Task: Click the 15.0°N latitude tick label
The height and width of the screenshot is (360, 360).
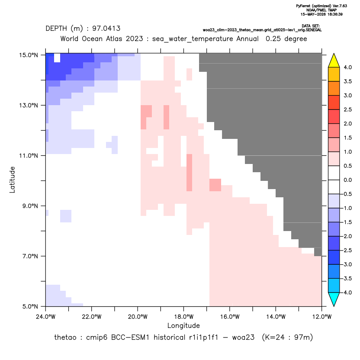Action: pyautogui.click(x=29, y=55)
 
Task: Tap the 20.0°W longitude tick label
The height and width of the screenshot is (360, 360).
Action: pyautogui.click(x=138, y=317)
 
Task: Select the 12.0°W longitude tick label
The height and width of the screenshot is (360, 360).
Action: pyautogui.click(x=321, y=317)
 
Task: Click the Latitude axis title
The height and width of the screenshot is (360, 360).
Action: pyautogui.click(x=12, y=180)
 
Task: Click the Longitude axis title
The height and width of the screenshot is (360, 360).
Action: pyautogui.click(x=183, y=325)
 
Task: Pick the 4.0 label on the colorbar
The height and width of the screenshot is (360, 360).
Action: pyautogui.click(x=347, y=67)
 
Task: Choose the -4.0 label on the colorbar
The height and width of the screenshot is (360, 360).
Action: pyautogui.click(x=346, y=292)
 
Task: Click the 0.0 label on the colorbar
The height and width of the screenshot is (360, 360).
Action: pyautogui.click(x=347, y=180)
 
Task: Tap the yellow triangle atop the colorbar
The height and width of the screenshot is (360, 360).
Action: pyautogui.click(x=334, y=61)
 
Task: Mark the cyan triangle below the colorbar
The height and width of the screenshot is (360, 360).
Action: pyautogui.click(x=334, y=299)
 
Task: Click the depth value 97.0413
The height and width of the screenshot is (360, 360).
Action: pyautogui.click(x=106, y=29)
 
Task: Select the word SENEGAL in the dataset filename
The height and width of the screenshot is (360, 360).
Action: pyautogui.click(x=314, y=30)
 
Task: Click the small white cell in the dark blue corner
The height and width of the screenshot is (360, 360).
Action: pyautogui.click(x=57, y=58)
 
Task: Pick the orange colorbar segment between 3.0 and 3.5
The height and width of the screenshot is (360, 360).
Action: pyautogui.click(x=334, y=88)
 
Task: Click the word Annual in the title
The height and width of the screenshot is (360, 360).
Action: pyautogui.click(x=247, y=39)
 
